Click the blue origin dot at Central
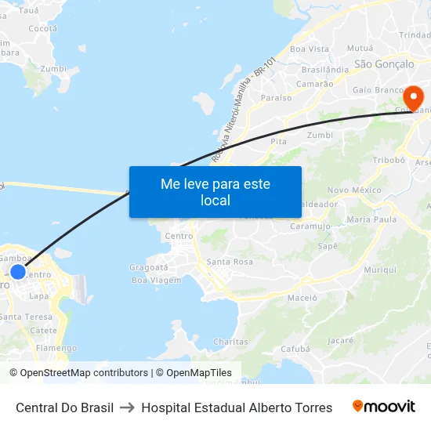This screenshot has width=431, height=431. click(17, 272)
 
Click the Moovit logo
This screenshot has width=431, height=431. click(384, 407)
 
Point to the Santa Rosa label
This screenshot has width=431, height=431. click(230, 262)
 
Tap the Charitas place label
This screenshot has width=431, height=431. click(230, 342)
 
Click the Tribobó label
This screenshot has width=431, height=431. click(388, 160)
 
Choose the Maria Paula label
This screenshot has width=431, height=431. click(371, 219)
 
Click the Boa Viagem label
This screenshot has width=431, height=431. click(156, 280)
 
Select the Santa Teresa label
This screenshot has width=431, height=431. click(26, 317)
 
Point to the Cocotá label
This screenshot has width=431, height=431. click(42, 28)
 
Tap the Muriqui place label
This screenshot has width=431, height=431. click(380, 270)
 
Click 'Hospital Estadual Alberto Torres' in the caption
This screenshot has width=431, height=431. click(237, 407)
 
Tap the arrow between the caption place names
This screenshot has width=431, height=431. click(127, 407)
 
